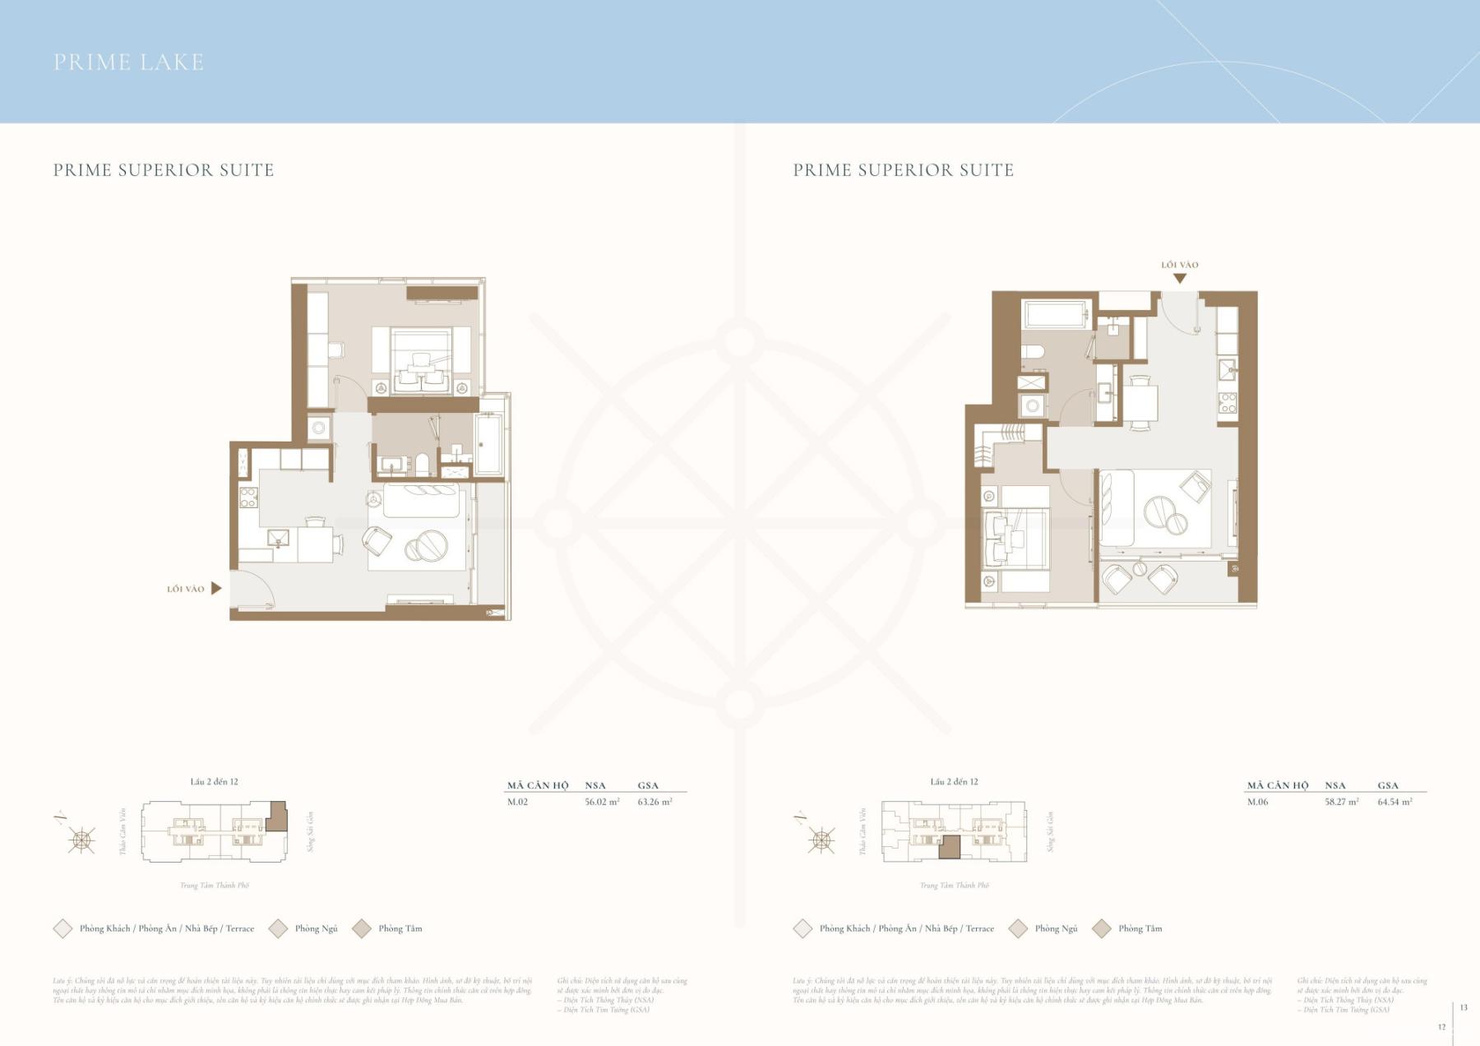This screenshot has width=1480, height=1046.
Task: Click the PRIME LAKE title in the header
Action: point(128,62)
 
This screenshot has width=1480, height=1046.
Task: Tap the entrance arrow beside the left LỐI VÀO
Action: point(216,588)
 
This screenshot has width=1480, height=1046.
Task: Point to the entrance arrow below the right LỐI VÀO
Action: point(1179,279)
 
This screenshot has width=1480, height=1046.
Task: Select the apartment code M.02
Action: point(517,802)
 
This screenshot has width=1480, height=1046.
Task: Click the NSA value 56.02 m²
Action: point(602,802)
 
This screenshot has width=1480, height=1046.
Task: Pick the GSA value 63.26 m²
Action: point(654,802)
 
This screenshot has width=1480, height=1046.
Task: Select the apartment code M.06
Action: point(1258,802)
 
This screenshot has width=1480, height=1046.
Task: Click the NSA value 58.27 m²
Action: point(1341,802)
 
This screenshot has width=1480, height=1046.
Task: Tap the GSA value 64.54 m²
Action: point(1394,802)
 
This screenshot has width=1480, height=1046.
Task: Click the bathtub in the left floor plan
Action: point(488,444)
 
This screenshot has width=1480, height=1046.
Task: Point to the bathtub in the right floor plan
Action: point(1056,315)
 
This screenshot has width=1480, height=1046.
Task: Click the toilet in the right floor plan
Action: point(1034,352)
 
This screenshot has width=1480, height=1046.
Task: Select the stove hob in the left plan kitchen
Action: point(247,497)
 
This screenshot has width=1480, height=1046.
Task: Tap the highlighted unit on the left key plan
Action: point(278,817)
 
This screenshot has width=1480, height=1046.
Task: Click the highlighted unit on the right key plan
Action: point(950,848)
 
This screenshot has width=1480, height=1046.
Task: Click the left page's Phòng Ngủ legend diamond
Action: point(278,928)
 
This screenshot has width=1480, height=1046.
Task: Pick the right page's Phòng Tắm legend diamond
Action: point(1101,928)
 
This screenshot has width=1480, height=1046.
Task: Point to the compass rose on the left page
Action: point(81,840)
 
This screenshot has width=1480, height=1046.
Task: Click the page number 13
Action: point(1464,1007)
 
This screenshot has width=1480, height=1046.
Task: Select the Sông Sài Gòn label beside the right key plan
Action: point(1051,831)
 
